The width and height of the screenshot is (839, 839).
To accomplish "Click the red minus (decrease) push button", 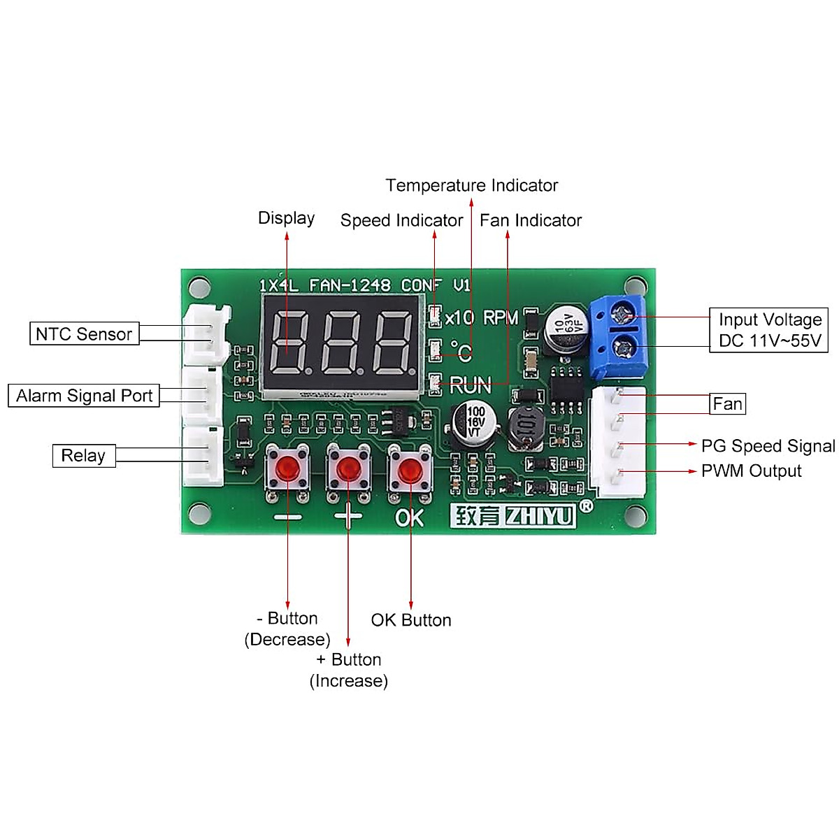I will (x=287, y=470).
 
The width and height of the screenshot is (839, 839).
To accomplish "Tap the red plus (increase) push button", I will (x=348, y=470).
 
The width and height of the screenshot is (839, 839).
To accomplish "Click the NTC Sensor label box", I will (x=84, y=334).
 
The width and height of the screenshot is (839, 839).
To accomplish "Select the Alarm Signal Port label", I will (x=84, y=396).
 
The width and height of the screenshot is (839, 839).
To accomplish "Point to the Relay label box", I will (x=84, y=456).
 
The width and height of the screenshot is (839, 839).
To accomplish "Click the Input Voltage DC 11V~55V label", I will (x=769, y=330).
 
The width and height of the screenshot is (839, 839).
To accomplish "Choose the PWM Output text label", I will (x=751, y=471).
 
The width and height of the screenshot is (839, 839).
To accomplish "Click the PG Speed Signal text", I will (x=768, y=446).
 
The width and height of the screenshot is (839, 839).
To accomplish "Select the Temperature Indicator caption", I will (x=471, y=185).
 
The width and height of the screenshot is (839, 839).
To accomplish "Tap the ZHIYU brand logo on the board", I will (x=513, y=516).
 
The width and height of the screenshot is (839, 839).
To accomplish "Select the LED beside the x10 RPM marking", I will (x=435, y=316).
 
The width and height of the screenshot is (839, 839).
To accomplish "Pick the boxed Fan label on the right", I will (x=727, y=404).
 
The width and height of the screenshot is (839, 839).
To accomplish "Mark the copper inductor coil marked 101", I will (x=526, y=426).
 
